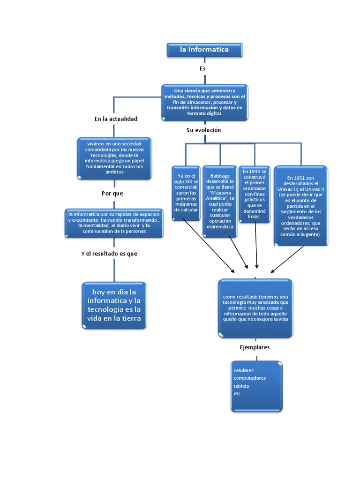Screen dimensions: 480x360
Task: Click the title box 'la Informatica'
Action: click(x=204, y=50)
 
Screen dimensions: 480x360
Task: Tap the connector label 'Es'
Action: click(x=202, y=68)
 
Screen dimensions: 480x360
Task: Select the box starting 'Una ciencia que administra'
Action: click(x=204, y=102)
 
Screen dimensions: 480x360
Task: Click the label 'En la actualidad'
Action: click(x=116, y=119)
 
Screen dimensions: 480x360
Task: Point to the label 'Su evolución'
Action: click(x=203, y=130)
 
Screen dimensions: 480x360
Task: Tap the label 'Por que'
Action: click(x=112, y=193)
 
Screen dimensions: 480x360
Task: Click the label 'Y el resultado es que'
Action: click(x=109, y=254)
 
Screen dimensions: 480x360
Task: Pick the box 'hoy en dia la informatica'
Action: click(x=114, y=305)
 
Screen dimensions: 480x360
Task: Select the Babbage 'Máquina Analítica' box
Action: click(x=220, y=201)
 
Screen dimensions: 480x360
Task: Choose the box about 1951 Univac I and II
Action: click(x=300, y=205)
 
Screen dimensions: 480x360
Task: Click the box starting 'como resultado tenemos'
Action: click(x=255, y=308)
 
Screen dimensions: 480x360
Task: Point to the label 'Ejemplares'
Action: click(x=255, y=347)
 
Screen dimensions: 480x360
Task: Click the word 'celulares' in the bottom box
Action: click(x=243, y=370)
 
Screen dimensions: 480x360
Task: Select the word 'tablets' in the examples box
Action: click(x=241, y=386)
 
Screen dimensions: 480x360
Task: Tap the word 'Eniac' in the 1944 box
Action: click(x=254, y=217)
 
